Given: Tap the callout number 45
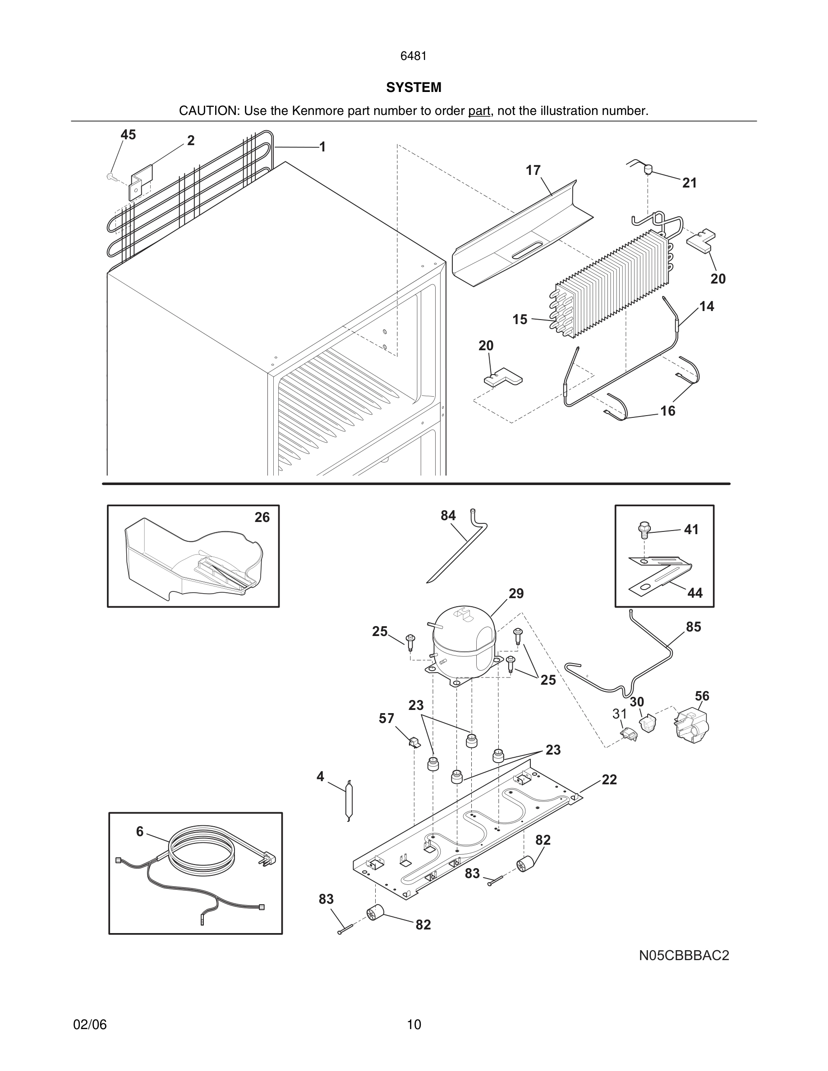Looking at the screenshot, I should (128, 135).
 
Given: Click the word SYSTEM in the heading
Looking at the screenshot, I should (414, 87).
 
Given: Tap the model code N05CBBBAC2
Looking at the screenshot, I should (684, 955).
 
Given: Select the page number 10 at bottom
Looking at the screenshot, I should (414, 1025).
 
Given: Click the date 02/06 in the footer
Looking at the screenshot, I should (90, 1025).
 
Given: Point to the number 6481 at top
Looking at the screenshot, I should (414, 56).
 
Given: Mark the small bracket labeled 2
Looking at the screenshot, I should (141, 182).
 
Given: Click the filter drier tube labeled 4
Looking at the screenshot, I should (349, 800).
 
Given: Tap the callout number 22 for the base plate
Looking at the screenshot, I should (609, 780).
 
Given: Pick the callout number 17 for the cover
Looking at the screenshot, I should (533, 170).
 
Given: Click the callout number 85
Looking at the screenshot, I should (693, 627).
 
